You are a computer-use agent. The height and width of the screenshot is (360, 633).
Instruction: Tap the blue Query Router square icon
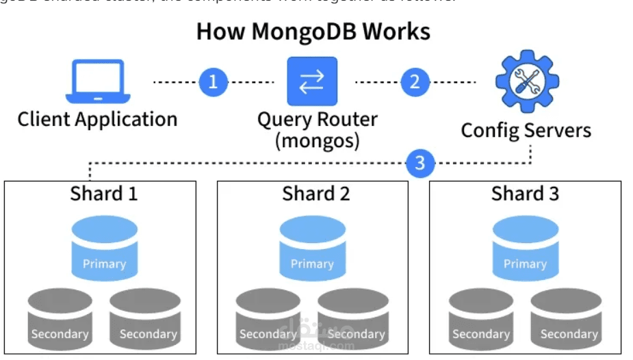(x=313, y=81)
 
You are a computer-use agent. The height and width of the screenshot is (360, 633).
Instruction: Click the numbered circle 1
(x=213, y=82)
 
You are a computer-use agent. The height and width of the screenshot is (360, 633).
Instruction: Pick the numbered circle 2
(x=414, y=82)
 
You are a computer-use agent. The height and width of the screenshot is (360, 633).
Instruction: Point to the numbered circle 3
(x=419, y=163)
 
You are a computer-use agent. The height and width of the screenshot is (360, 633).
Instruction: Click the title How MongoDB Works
(x=313, y=32)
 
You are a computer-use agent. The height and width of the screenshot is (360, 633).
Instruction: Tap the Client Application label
(x=97, y=119)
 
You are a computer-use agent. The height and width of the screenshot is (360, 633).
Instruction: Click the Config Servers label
(x=526, y=130)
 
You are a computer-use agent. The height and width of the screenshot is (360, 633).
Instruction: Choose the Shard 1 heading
(x=103, y=194)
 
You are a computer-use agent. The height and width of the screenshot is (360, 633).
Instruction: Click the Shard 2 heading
(x=315, y=194)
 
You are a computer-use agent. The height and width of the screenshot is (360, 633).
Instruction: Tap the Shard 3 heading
(x=525, y=194)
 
